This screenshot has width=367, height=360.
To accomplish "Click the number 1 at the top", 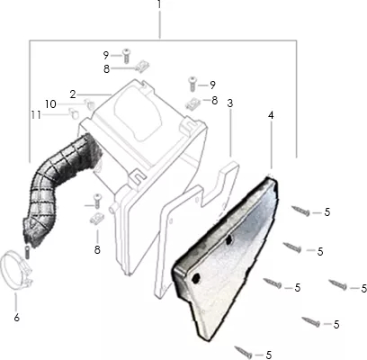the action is coord(159,4).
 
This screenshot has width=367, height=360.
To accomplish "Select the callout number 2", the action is coord(73,94).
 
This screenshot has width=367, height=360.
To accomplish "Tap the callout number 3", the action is coord(230,103).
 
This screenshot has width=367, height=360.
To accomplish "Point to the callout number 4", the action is coord(271,115).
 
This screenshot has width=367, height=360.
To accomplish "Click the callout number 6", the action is coord(17,318).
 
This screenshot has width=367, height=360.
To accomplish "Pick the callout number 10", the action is coord(50,104).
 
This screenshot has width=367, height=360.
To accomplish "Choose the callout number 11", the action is coord(36,115).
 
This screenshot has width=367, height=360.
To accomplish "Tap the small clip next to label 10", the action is coord(90,103).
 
